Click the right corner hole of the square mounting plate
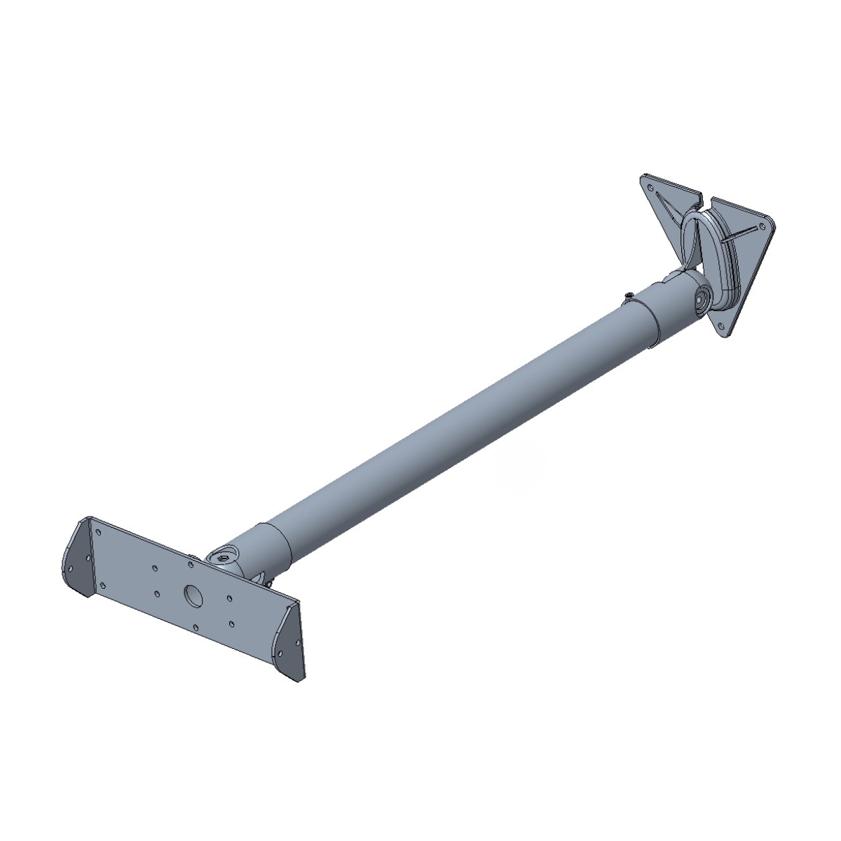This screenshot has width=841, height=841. click(761, 226)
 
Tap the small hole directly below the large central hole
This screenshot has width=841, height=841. click(196, 625)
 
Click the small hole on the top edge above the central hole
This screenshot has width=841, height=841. click(191, 559)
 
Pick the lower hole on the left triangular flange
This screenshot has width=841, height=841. click(71, 568)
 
